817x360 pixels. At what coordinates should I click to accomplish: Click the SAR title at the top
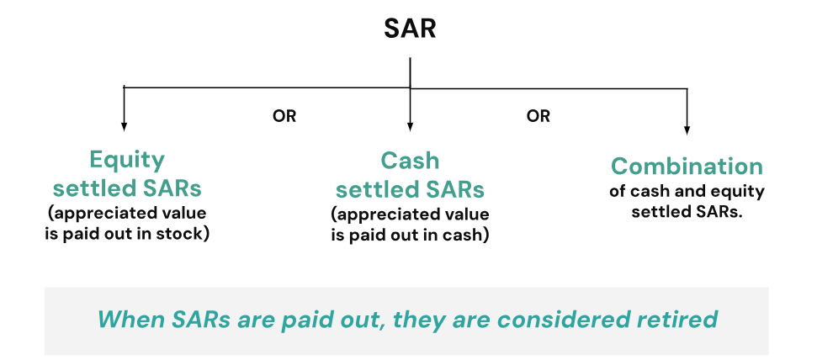[410, 29]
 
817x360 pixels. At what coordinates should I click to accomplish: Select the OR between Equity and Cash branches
[284, 116]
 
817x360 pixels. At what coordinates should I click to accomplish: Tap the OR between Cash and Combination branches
[538, 116]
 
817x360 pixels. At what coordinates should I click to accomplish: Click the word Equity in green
[127, 161]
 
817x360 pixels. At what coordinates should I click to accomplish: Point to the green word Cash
[410, 161]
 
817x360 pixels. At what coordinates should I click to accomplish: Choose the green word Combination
[687, 167]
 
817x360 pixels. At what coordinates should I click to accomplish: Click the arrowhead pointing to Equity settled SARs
[124, 126]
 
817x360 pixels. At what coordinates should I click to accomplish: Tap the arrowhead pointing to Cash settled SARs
[410, 126]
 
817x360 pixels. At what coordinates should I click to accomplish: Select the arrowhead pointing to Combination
[687, 130]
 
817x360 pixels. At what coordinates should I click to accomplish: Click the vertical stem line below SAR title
[410, 72]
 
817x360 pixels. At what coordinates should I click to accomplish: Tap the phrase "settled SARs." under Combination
[687, 212]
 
